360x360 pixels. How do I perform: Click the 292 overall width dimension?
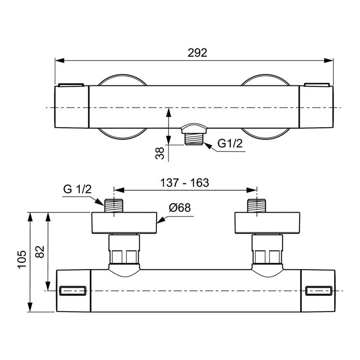point(197,53)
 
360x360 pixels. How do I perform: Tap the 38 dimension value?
point(160,153)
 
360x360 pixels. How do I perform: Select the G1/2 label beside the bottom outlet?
point(230,144)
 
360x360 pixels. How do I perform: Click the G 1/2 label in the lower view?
point(77,189)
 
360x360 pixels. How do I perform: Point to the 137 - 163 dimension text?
point(185,183)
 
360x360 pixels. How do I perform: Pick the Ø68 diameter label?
point(180,207)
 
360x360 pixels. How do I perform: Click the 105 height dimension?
point(22,259)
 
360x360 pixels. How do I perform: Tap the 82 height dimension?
point(40,252)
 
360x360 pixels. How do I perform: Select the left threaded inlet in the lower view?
point(114,206)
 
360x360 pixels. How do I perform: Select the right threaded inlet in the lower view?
point(257,206)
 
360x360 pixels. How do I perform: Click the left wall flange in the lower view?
point(124,223)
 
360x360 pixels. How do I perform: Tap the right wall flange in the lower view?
point(267,223)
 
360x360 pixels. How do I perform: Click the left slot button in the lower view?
point(73,291)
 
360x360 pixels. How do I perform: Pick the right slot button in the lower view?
point(319,291)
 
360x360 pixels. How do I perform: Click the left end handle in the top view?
point(72,107)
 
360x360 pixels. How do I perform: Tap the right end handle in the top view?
point(316,107)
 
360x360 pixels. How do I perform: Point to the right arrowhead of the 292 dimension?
point(328,60)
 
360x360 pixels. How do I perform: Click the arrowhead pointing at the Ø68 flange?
point(161,220)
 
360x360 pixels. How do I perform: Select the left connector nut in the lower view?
point(124,249)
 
